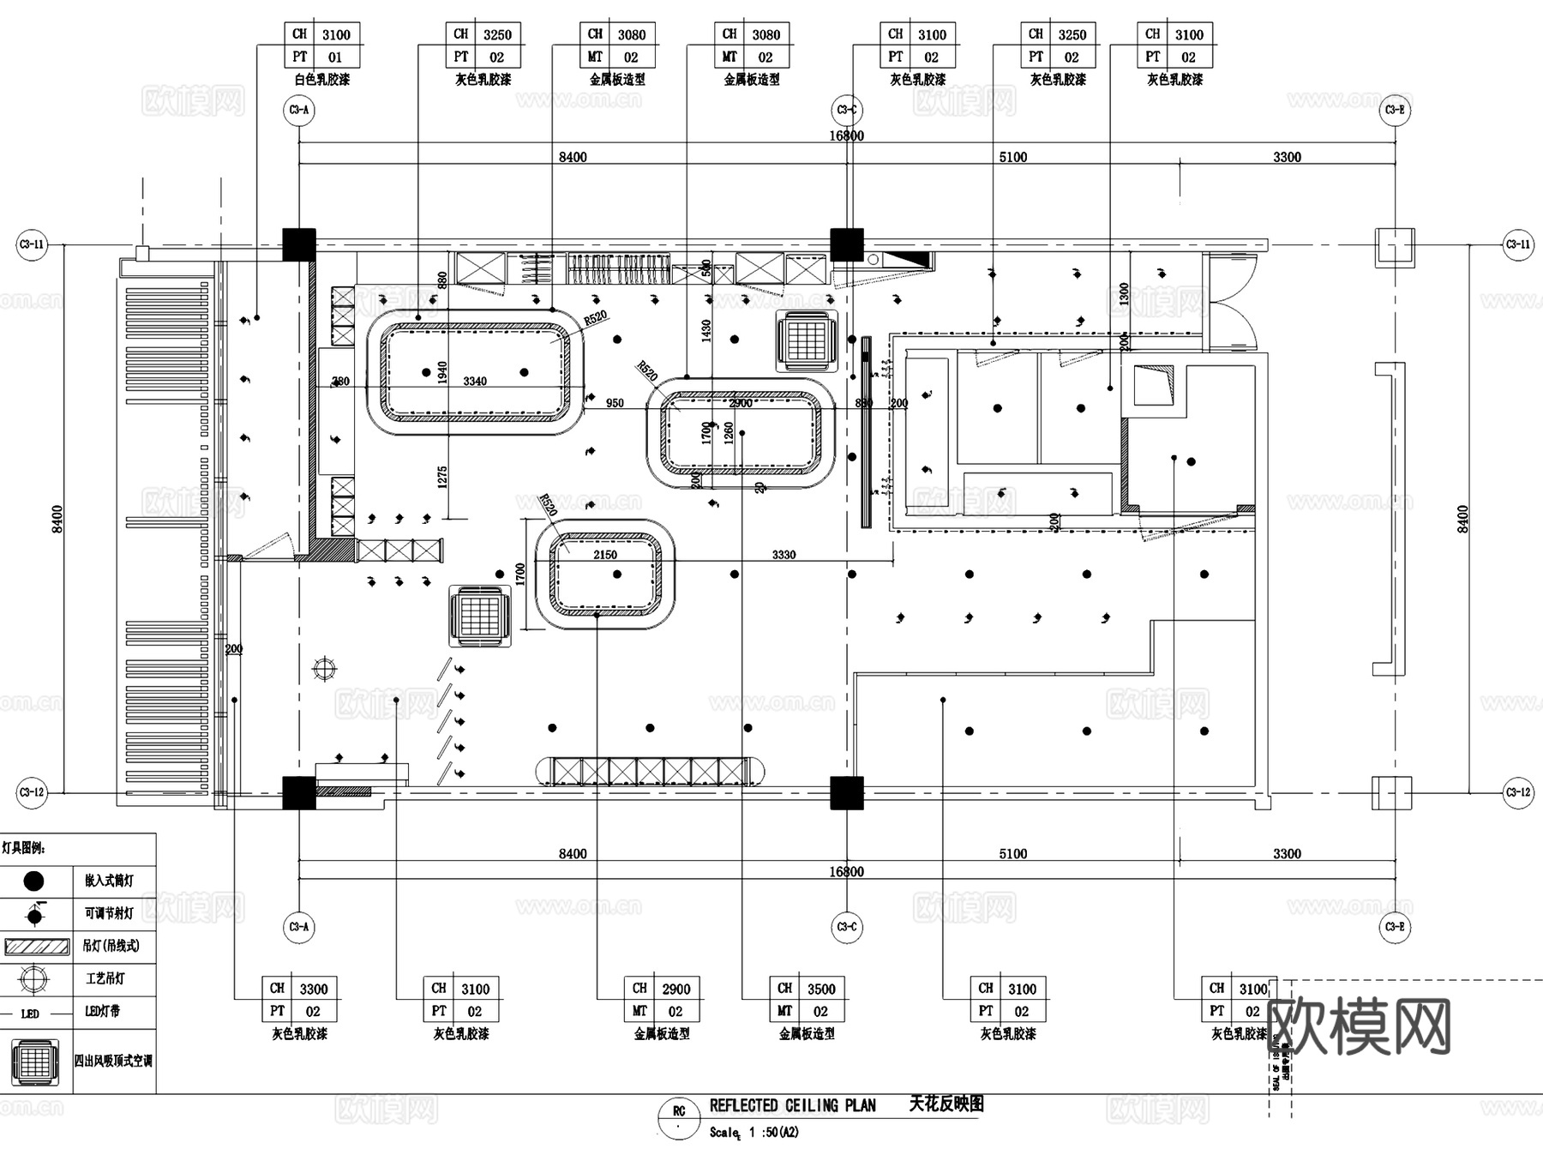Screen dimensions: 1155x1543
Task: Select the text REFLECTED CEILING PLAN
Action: click(792, 1105)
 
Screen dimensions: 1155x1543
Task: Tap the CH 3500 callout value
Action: click(820, 989)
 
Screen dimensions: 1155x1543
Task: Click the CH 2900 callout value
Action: click(675, 989)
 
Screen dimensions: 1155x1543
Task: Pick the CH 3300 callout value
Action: click(313, 989)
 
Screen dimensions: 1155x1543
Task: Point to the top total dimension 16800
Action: click(846, 135)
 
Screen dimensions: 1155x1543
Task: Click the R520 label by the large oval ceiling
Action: click(595, 318)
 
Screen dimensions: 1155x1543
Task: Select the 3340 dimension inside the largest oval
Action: click(475, 381)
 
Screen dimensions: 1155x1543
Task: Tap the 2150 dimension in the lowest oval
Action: click(605, 555)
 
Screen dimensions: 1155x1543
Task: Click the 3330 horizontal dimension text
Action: click(784, 555)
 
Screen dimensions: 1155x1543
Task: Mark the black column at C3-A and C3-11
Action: click(299, 244)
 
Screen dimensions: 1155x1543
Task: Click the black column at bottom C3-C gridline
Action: click(846, 792)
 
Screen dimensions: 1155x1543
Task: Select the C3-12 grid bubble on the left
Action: click(32, 792)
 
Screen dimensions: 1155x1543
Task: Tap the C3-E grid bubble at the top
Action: click(1395, 110)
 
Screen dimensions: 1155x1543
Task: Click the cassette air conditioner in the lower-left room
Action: click(480, 617)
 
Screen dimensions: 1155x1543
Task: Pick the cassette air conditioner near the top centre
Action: click(806, 341)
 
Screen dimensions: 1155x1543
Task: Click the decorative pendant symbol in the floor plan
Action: click(325, 669)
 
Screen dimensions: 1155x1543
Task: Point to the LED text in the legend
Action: click(30, 1014)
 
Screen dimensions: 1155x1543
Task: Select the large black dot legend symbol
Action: click(34, 881)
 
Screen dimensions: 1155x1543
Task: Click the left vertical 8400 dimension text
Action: click(57, 519)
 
